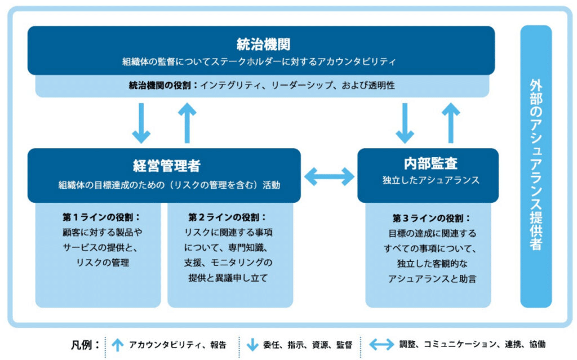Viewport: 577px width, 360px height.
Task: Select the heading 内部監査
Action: [x=430, y=163]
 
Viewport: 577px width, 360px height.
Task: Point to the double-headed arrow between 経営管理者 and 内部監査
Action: [x=329, y=177]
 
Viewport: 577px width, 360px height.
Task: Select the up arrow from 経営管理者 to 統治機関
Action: [x=188, y=123]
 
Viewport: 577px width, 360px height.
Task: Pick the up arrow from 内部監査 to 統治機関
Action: [x=451, y=123]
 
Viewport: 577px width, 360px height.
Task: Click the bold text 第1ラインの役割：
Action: [x=101, y=217]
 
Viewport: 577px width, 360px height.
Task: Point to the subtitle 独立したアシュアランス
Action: [x=430, y=180]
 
